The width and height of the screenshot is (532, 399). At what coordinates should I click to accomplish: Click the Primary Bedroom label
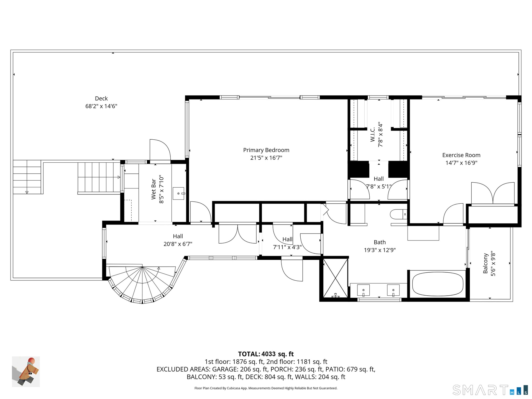266,150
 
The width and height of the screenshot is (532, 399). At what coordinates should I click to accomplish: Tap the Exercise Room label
461,155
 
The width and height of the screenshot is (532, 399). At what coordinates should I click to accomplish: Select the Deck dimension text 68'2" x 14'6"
101,106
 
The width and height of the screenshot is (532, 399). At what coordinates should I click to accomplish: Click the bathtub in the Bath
438,285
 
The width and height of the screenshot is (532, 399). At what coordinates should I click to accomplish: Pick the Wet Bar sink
178,193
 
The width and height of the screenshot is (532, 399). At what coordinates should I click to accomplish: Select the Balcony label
485,263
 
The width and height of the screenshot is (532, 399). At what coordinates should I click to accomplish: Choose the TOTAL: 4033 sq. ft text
266,354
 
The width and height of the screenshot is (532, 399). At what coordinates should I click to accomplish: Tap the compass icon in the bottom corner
26,372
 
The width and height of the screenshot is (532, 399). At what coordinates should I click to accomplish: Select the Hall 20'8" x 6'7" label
178,240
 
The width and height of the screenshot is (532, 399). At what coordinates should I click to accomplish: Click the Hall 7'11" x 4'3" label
287,243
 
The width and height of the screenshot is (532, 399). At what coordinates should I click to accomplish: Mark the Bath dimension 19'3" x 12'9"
380,250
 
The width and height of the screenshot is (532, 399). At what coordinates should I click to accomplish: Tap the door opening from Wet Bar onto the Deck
160,150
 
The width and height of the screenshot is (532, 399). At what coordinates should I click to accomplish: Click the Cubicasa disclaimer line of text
266,388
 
